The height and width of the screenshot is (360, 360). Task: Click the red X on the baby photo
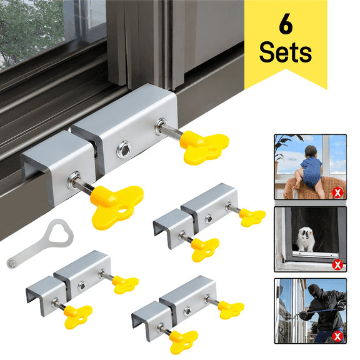point(338,191)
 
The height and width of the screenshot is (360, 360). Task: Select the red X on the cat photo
point(338,264)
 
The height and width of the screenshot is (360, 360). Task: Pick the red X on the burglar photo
point(338,338)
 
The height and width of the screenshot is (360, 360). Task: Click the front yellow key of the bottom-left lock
point(77,313)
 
